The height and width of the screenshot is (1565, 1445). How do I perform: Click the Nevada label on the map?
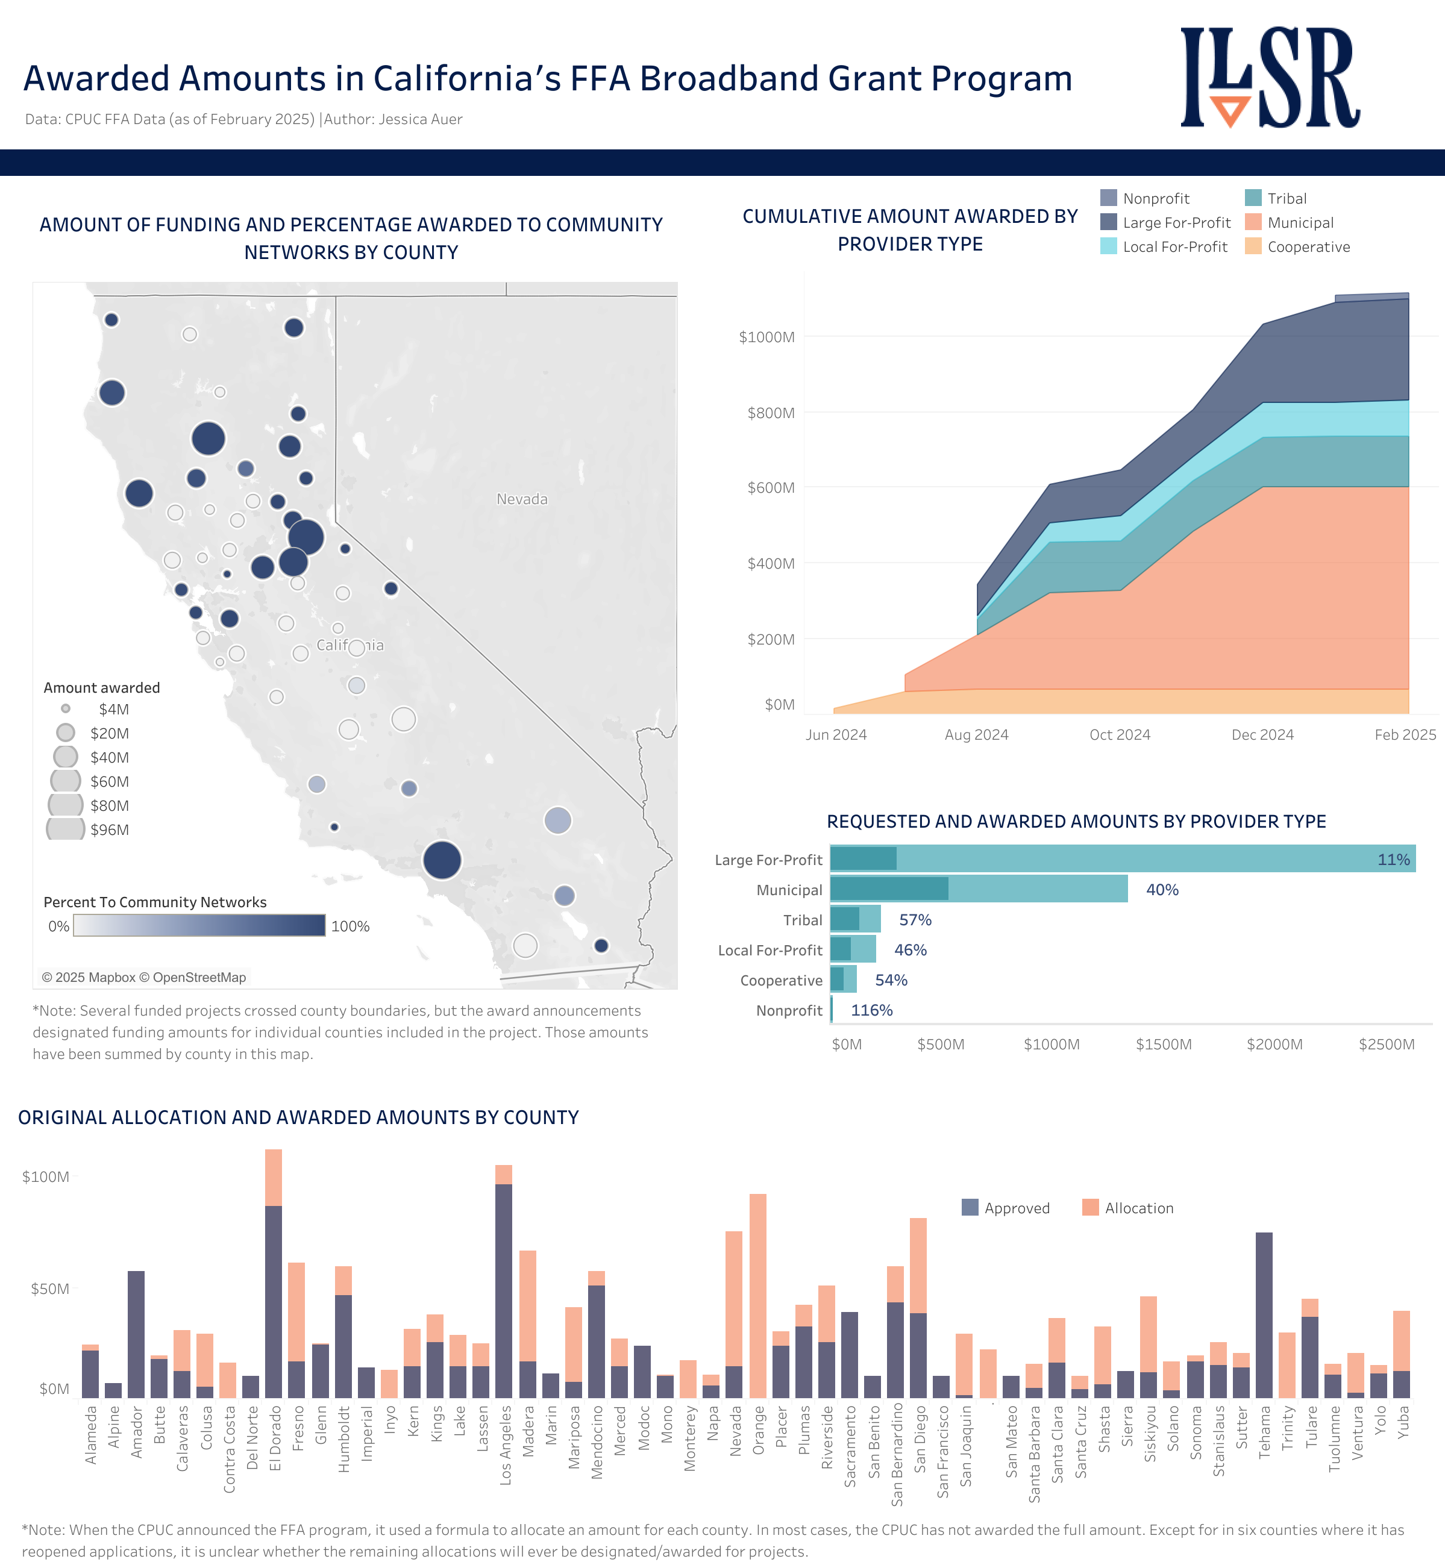click(x=522, y=499)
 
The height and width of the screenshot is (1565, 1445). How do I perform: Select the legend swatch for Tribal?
click(x=1253, y=199)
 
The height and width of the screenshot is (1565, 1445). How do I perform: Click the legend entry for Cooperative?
click(x=1308, y=247)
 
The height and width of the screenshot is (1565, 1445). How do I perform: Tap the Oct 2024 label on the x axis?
click(x=1119, y=735)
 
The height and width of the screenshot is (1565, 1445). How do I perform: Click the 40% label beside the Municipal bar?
click(x=1162, y=890)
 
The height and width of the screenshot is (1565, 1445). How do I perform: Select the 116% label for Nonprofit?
click(x=871, y=1010)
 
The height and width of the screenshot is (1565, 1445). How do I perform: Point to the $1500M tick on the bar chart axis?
click(x=1164, y=1045)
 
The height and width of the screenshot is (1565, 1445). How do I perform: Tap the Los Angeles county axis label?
click(x=505, y=1445)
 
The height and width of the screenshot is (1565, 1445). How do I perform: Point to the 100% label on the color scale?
click(x=349, y=926)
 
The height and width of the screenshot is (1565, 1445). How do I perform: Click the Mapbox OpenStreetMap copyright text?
click(x=144, y=977)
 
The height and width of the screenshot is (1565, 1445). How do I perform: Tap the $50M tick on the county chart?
click(x=50, y=1289)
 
